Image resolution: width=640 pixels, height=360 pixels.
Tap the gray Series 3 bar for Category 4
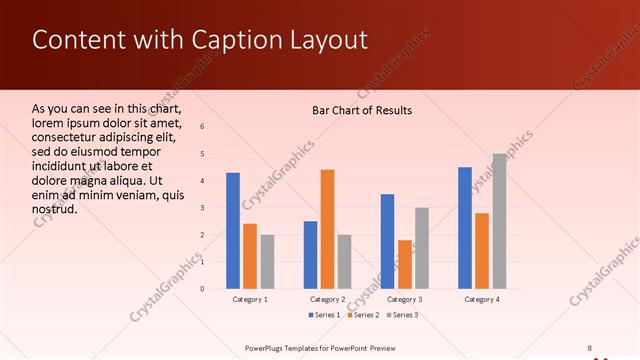(x=499, y=221)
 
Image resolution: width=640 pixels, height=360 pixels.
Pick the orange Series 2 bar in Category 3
(x=405, y=264)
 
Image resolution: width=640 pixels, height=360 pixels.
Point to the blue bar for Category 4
(x=465, y=228)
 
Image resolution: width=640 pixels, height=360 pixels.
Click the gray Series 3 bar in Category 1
(x=267, y=262)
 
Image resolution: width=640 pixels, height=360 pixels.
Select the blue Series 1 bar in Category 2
(x=310, y=255)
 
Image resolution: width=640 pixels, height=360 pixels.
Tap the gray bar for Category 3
(x=422, y=248)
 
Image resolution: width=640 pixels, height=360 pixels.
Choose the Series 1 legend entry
(x=323, y=316)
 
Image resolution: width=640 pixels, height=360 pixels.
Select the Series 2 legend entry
(x=361, y=316)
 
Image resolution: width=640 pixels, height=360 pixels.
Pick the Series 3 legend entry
(x=400, y=316)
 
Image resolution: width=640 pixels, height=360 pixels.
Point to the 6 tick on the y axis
(x=203, y=127)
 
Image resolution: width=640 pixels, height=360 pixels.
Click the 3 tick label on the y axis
(x=203, y=208)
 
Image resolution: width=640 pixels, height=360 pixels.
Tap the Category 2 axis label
(x=327, y=299)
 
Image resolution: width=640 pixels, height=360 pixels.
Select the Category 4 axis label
(x=482, y=299)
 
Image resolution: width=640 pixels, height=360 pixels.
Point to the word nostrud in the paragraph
(x=55, y=210)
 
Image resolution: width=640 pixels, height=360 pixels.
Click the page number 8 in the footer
(x=590, y=347)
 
